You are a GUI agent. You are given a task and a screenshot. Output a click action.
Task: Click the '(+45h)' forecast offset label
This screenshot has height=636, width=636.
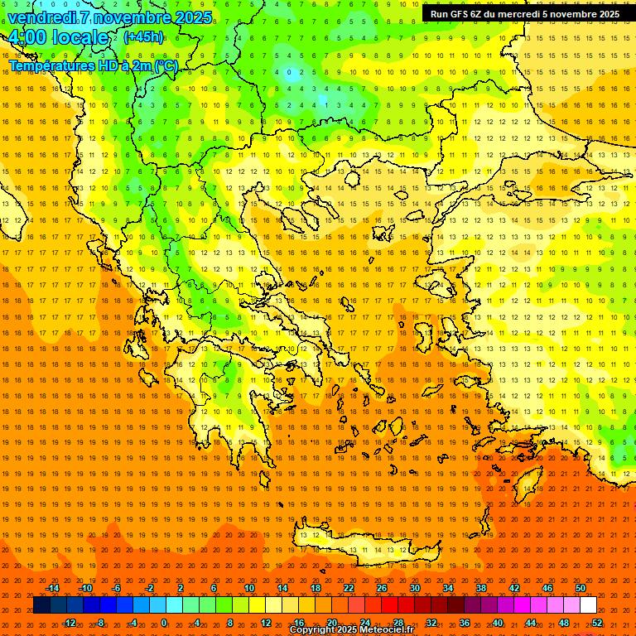click(143, 37)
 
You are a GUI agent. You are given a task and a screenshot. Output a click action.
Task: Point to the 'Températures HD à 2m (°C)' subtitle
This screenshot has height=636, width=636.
click(93, 65)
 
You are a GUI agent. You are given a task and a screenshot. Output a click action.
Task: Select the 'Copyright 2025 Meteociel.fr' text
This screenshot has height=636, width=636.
click(351, 630)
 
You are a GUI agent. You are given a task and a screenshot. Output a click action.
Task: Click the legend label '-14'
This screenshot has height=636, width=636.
click(52, 588)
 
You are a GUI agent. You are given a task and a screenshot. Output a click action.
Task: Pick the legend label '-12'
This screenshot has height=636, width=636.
click(69, 623)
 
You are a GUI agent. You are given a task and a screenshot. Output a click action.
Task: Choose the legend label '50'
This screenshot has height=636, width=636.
click(581, 588)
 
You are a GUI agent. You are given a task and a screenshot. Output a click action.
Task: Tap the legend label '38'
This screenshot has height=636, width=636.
click(481, 588)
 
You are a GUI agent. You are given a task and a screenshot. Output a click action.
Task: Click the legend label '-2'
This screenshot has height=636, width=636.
click(149, 588)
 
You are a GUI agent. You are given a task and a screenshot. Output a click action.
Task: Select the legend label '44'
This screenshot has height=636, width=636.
click(531, 623)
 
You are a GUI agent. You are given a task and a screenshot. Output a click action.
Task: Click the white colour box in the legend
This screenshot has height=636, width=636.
click(588, 605)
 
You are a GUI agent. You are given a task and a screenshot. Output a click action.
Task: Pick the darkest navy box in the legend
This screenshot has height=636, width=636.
click(41, 605)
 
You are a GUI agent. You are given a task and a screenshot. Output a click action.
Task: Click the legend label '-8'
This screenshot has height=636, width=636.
click(101, 623)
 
